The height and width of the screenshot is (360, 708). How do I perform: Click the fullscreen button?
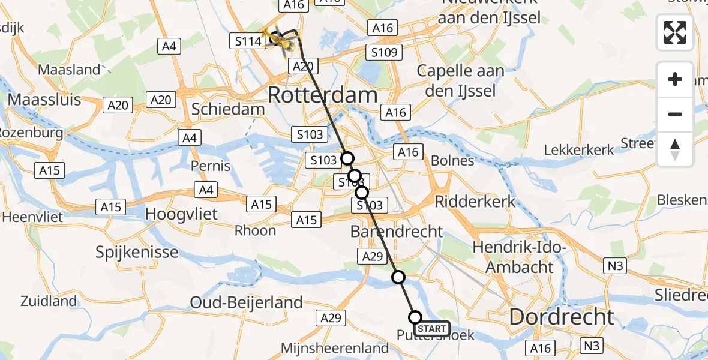pos(675,32)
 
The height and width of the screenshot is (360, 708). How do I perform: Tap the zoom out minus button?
pos(675,114)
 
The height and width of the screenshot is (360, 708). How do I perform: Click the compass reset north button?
pos(675,149)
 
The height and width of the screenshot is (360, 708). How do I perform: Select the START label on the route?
pos(431,329)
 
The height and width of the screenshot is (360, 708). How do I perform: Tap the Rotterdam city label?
pos(322,95)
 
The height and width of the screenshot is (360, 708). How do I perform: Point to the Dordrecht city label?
pos(562,317)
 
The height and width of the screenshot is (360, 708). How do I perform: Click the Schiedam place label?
pos(227,109)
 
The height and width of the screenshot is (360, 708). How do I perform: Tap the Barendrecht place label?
pos(397,231)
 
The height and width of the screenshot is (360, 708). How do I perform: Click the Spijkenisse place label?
pos(137,251)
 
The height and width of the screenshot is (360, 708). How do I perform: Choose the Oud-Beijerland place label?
pos(246,302)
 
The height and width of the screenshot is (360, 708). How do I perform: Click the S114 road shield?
pos(246,41)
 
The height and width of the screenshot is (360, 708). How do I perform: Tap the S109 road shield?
pos(384,52)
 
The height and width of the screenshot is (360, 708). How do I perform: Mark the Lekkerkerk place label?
pos(579,149)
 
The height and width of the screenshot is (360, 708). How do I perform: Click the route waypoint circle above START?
pos(398,277)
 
